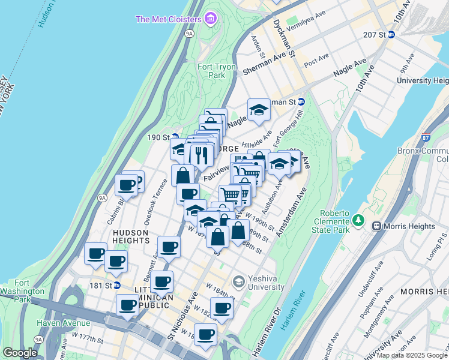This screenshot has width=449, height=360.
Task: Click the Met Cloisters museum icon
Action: point(209,19)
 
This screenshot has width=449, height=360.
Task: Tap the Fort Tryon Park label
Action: point(211,71)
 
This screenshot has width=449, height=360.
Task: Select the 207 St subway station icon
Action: point(391,35)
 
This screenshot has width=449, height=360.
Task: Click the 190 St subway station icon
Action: point(175,137)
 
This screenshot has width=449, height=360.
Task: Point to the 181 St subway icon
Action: point(117,285)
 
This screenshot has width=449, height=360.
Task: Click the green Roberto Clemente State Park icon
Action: point(359,221)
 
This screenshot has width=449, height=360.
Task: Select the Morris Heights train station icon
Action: point(377,226)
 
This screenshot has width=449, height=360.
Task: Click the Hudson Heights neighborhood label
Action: point(130,236)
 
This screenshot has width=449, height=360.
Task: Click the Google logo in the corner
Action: point(20,353)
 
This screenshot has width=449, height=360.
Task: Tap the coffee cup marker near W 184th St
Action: point(222,308)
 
